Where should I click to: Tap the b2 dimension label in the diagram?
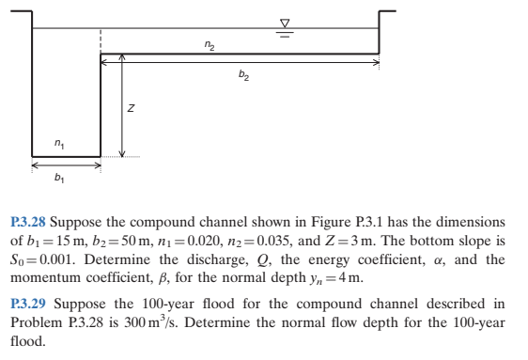click(245, 78)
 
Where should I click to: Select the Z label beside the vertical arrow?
click(132, 110)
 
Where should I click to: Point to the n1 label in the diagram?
click(60, 145)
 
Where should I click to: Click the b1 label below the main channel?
click(60, 176)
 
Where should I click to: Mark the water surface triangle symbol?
click(286, 21)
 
